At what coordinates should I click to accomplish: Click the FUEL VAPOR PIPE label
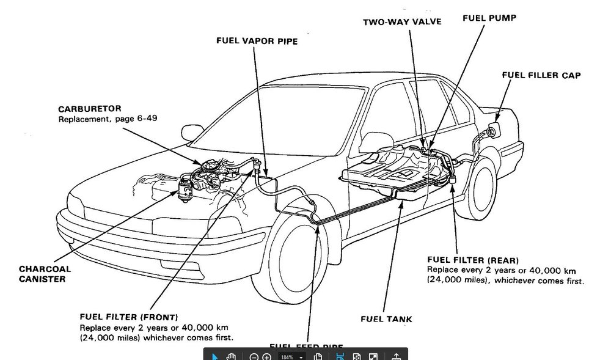tap(257, 41)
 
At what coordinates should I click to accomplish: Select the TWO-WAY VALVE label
tap(401, 22)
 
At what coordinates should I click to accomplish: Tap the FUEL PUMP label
tap(489, 18)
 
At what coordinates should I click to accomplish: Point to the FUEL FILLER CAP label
tap(541, 75)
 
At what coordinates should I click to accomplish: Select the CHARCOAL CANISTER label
tap(45, 274)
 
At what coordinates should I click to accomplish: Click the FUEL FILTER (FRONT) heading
tap(129, 317)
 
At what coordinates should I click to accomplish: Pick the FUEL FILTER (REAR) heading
tap(473, 260)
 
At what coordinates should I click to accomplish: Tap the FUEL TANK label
tap(386, 318)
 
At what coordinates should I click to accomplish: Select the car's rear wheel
tap(478, 186)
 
